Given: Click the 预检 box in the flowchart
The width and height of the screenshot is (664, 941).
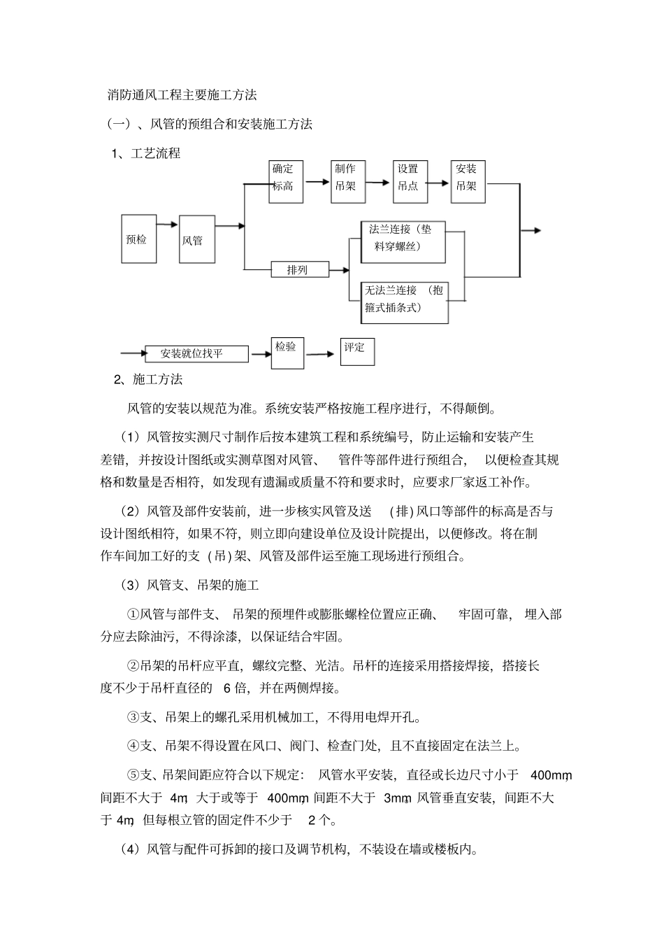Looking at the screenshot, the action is pyautogui.click(x=138, y=239).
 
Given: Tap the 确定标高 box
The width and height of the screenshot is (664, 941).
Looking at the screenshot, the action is pyautogui.click(x=287, y=181).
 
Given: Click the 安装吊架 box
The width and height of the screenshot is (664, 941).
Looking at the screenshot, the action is pyautogui.click(x=468, y=181).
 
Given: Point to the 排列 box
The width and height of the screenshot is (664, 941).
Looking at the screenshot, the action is pyautogui.click(x=300, y=269).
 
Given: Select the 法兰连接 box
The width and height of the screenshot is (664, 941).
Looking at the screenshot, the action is pyautogui.click(x=403, y=242).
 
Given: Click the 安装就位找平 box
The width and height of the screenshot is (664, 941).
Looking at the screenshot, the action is pyautogui.click(x=196, y=353).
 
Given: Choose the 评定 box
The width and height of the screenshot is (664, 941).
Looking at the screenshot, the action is pyautogui.click(x=357, y=352).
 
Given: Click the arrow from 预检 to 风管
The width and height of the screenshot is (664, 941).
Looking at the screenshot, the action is pyautogui.click(x=168, y=225).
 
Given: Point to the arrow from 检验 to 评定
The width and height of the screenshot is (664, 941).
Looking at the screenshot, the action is pyautogui.click(x=322, y=354).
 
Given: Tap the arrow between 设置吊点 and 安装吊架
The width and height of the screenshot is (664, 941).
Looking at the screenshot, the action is pyautogui.click(x=438, y=183).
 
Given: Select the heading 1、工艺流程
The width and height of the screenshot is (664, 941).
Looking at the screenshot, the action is pyautogui.click(x=146, y=153).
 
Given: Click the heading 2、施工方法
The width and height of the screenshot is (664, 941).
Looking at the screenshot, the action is pyautogui.click(x=147, y=379).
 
